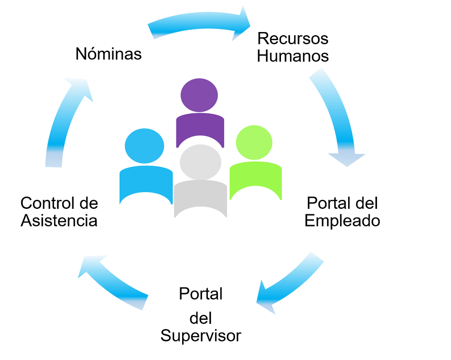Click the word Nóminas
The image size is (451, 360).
tap(109, 54)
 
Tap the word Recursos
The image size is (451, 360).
tap(293, 38)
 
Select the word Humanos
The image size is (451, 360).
tap(293, 56)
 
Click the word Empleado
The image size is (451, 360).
tap(342, 221)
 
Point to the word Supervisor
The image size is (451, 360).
tap(201, 336)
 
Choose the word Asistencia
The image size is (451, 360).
tap(59, 221)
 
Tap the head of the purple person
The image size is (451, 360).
tap(199, 95)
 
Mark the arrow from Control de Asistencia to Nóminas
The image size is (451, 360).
tap(63, 122)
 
